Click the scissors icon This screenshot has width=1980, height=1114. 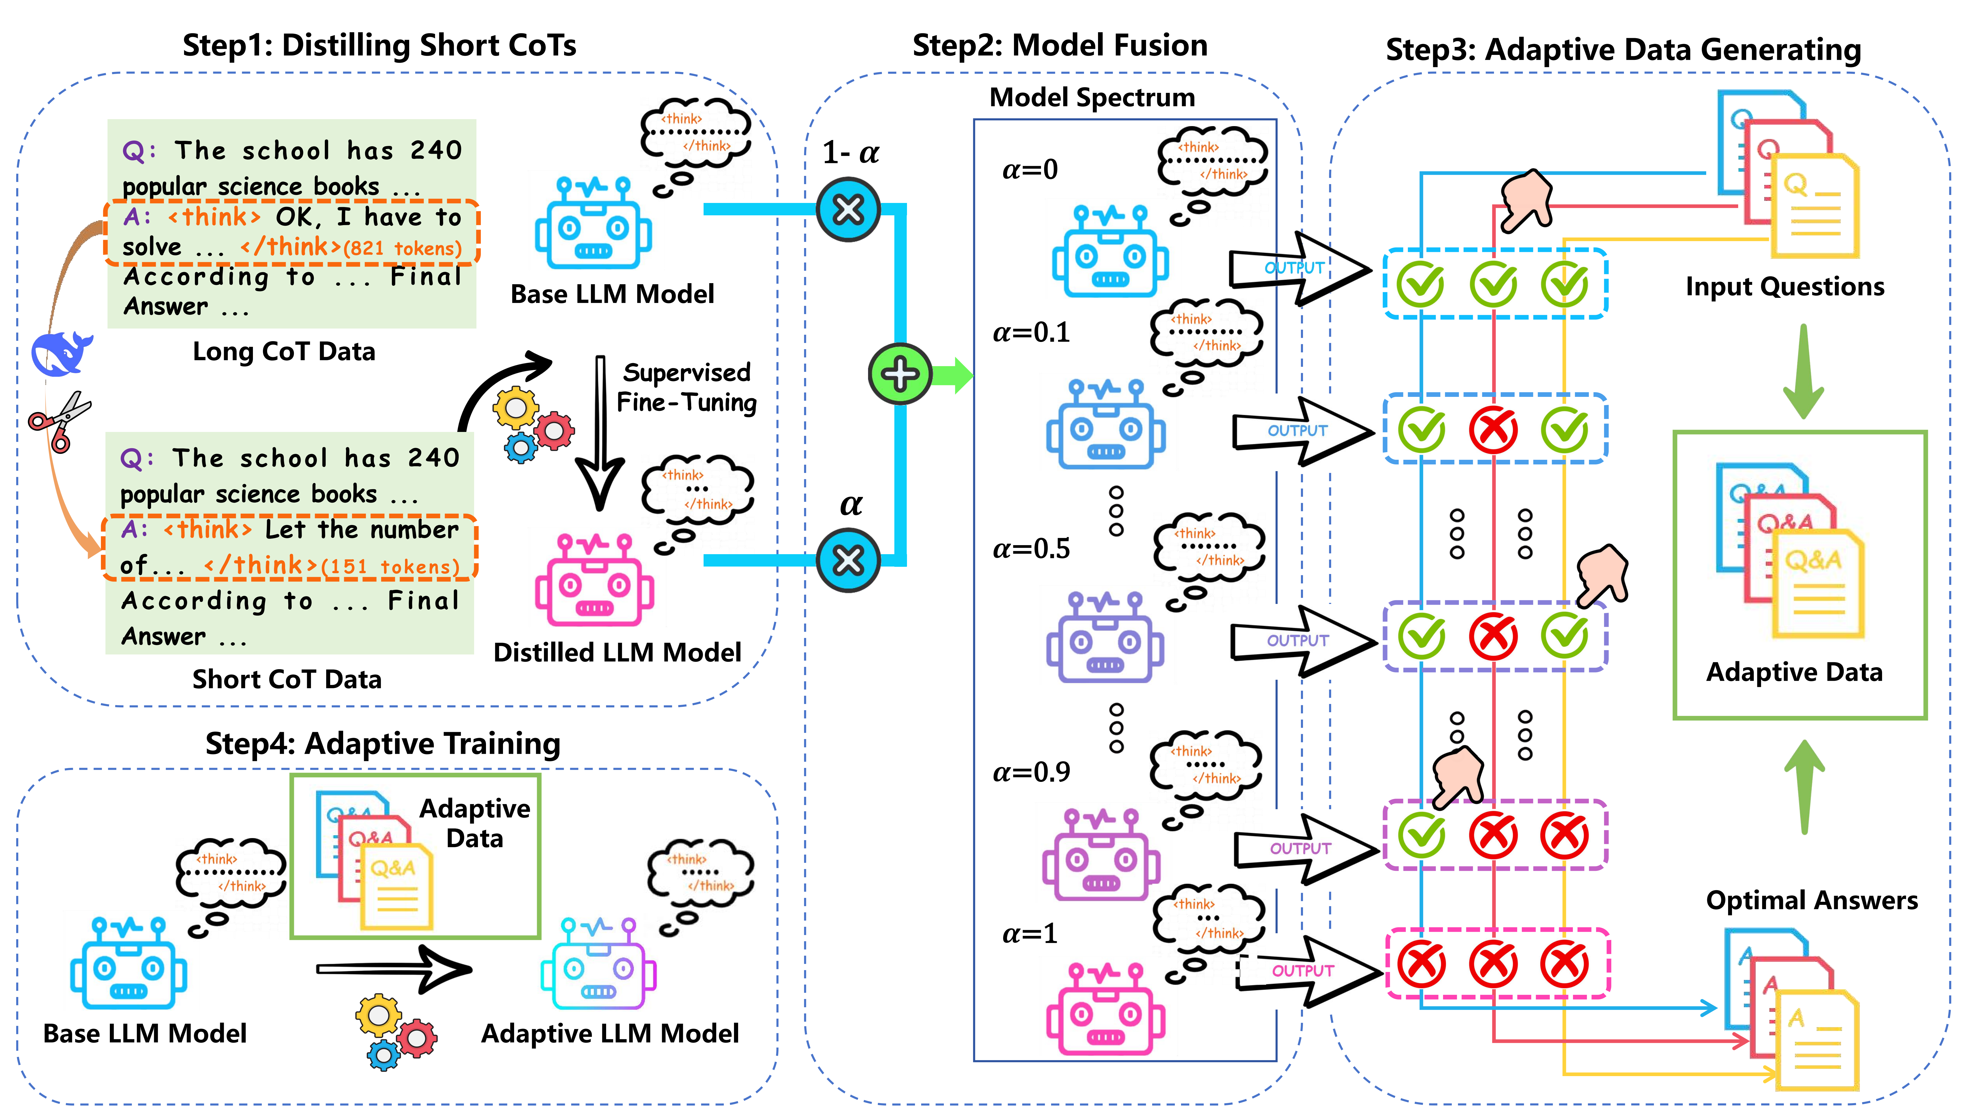click(60, 421)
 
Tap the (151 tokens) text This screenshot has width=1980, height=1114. click(391, 567)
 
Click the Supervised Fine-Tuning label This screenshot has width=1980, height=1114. click(686, 388)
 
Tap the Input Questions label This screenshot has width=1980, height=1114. click(1785, 287)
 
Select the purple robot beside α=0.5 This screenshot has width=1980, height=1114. click(1104, 638)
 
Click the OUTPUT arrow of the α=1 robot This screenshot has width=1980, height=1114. click(1307, 971)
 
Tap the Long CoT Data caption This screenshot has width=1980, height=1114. click(284, 351)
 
